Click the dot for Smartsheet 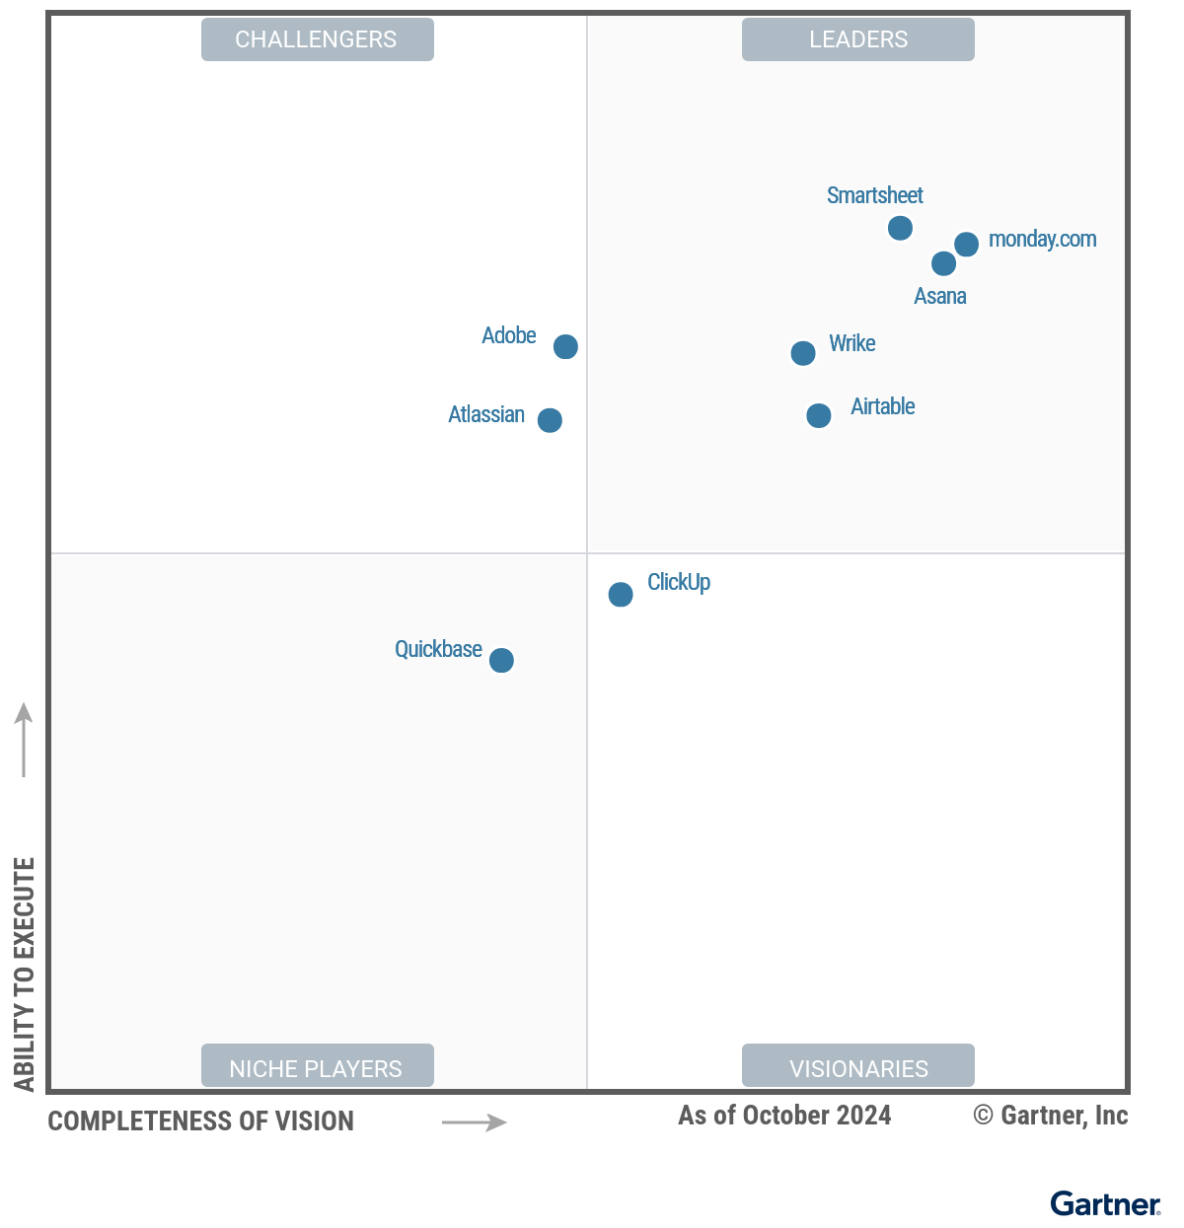pyautogui.click(x=900, y=228)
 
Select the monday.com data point pyautogui.click(x=967, y=244)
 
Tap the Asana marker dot pyautogui.click(x=943, y=263)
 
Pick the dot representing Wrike pyautogui.click(x=803, y=353)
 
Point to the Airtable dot pyautogui.click(x=818, y=415)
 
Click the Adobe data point pyautogui.click(x=565, y=346)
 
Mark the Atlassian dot pyautogui.click(x=550, y=420)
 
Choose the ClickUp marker pyautogui.click(x=621, y=594)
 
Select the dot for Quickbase pyautogui.click(x=501, y=660)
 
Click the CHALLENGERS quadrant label pyautogui.click(x=317, y=39)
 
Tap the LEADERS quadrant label pyautogui.click(x=858, y=39)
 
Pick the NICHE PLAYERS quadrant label pyautogui.click(x=317, y=1068)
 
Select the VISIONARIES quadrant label pyautogui.click(x=858, y=1068)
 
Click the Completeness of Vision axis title pyautogui.click(x=201, y=1121)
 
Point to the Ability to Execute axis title pyautogui.click(x=25, y=975)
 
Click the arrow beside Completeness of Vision pyautogui.click(x=474, y=1122)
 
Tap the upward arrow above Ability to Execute pyautogui.click(x=24, y=740)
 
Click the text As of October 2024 pyautogui.click(x=784, y=1116)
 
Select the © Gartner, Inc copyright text pyautogui.click(x=1051, y=1116)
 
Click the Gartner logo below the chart pyautogui.click(x=1105, y=1203)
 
